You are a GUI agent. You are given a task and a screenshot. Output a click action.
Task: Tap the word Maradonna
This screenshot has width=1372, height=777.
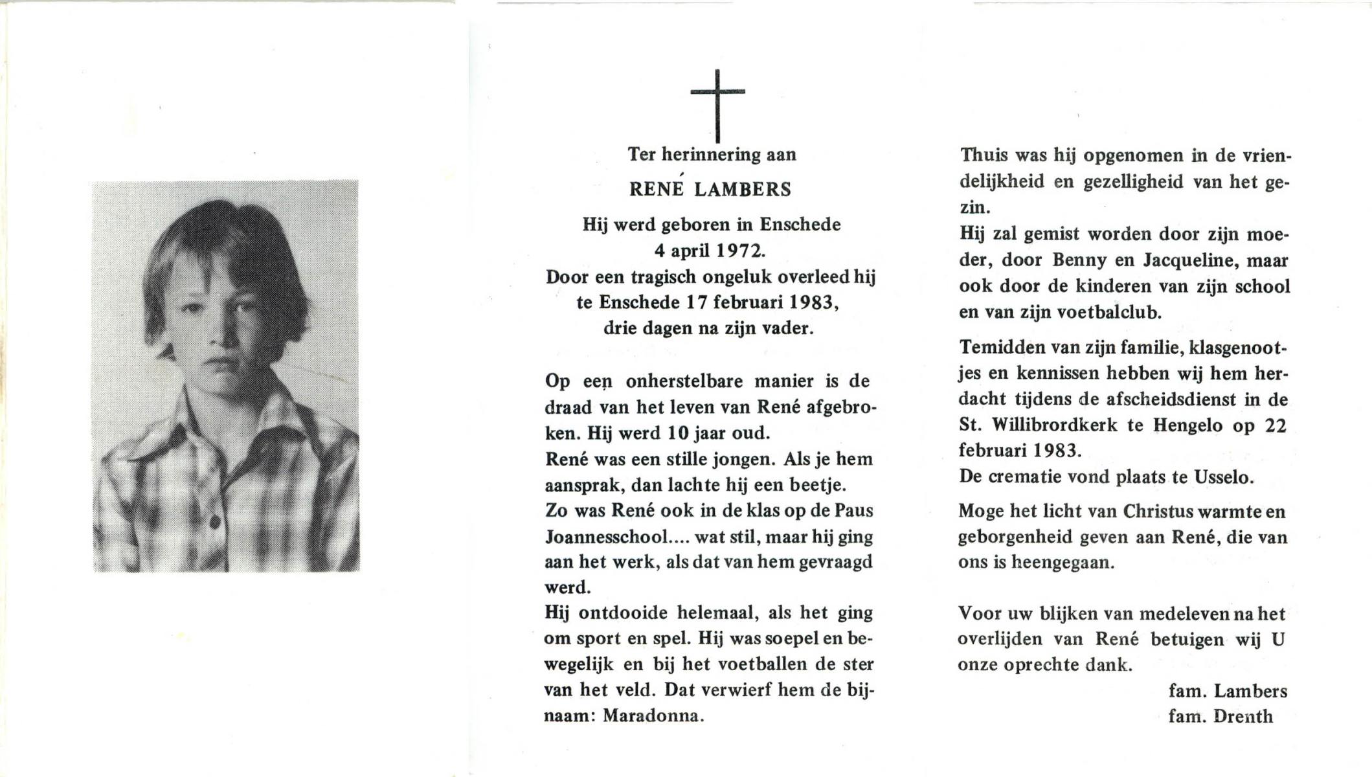(652, 716)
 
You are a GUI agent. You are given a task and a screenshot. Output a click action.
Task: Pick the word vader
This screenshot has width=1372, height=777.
(790, 328)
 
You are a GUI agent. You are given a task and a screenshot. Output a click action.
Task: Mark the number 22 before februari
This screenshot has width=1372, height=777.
(1275, 425)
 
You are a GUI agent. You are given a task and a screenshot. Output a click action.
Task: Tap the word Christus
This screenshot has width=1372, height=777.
(1158, 512)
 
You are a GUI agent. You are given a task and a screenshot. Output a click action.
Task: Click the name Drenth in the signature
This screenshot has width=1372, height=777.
(1243, 717)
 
